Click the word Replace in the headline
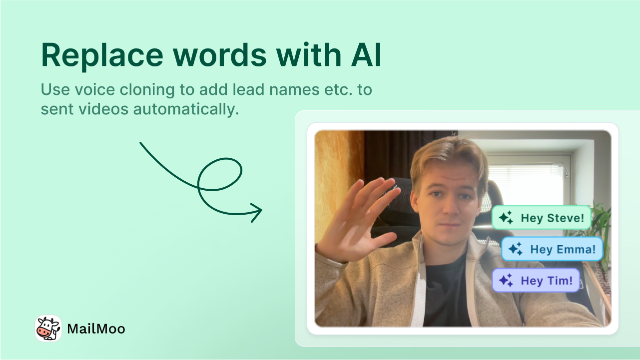(102, 55)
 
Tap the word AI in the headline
(367, 55)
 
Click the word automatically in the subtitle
(186, 110)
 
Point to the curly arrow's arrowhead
(257, 212)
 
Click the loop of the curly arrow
(219, 174)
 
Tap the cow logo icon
(48, 329)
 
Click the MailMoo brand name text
(96, 329)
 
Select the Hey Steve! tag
(541, 218)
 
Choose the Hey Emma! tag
(552, 249)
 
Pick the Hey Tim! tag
(536, 280)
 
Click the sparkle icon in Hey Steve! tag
(506, 218)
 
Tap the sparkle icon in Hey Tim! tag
(506, 280)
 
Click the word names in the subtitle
(294, 90)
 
